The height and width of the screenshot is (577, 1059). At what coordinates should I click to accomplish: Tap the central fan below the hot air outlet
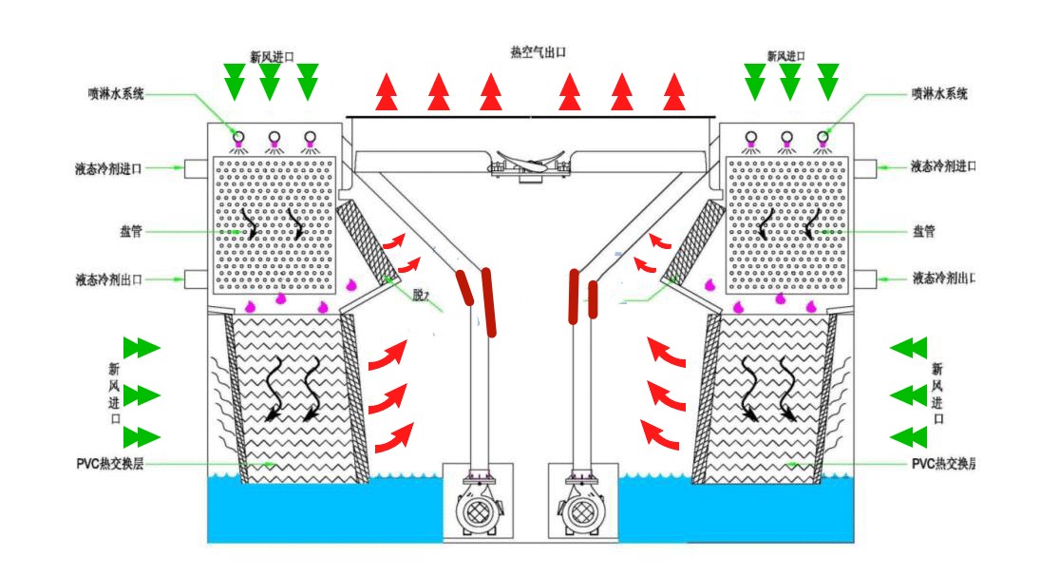pos(530,163)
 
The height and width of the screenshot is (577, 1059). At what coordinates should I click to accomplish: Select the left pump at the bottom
pos(481,509)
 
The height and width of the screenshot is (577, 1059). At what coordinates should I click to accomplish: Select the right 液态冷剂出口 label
pos(944,279)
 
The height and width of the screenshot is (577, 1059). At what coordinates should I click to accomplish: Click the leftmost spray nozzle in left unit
pos(238,139)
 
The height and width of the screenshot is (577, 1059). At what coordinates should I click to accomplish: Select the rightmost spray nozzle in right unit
pos(822,139)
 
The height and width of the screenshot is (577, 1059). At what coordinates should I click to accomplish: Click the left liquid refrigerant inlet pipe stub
pos(195,168)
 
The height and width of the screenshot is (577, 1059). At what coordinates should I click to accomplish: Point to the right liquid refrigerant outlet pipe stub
pos(867,279)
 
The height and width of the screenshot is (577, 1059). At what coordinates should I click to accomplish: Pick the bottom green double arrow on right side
pos(908,436)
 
